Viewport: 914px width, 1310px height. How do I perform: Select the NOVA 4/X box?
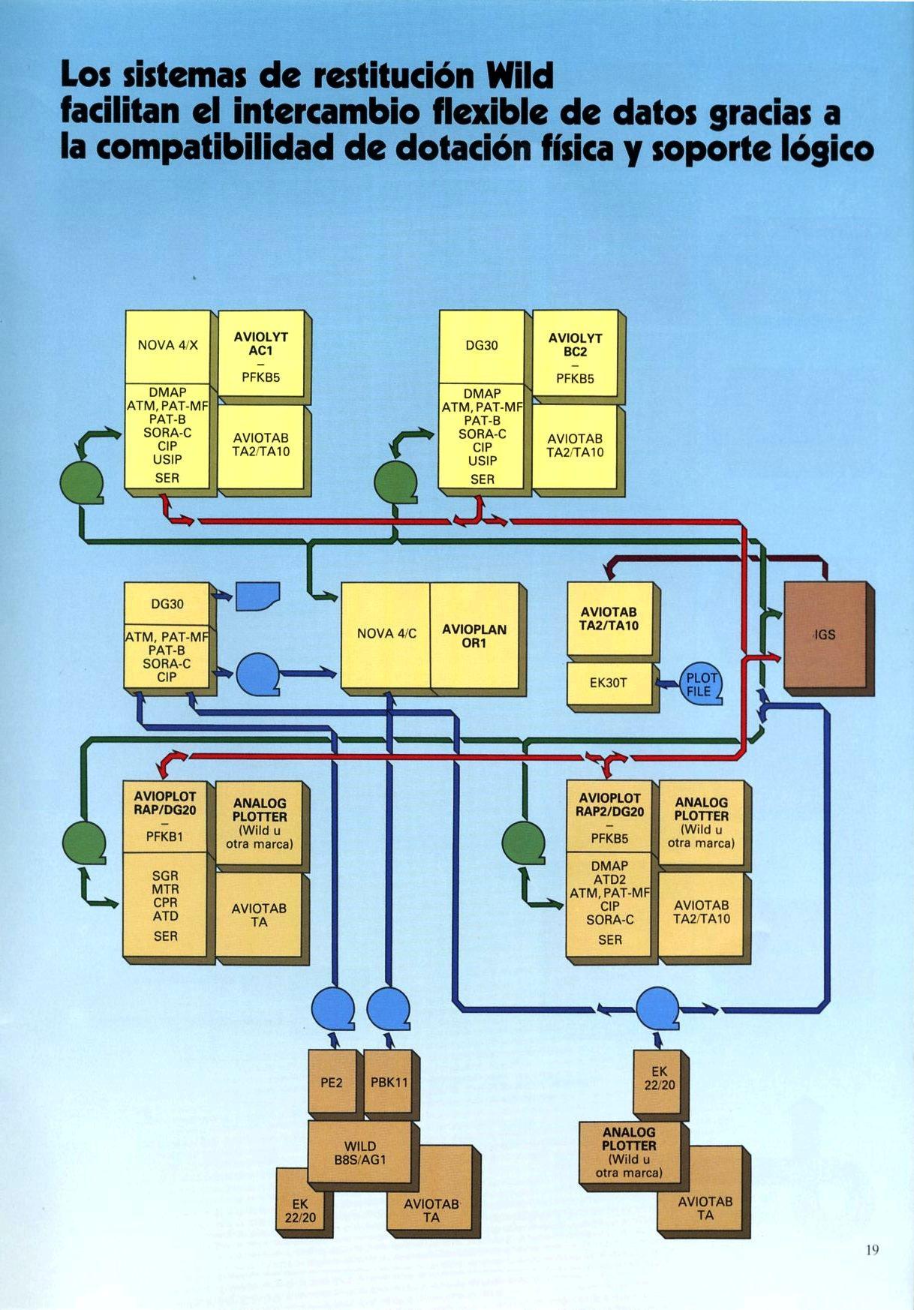pos(167,345)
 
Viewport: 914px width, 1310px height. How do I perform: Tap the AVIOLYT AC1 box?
pos(260,353)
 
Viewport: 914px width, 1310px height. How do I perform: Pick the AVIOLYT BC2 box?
pos(576,353)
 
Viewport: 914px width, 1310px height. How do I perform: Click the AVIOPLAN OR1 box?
pos(474,635)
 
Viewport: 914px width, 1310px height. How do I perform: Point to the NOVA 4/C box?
pos(386,634)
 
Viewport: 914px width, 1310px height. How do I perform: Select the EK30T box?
pos(609,683)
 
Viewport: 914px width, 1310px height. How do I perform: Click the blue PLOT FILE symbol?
pos(701,685)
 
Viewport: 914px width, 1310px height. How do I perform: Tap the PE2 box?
pos(331,1083)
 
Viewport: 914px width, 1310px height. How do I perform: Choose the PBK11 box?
pos(389,1083)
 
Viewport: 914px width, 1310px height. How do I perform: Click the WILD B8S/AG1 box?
pos(360,1153)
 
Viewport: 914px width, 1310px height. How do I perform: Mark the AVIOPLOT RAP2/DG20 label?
pos(609,804)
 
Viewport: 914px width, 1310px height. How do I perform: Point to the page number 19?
pos(871,1250)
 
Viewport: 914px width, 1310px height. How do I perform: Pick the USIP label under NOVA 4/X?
pos(167,459)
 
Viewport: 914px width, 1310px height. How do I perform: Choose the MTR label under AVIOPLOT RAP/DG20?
pos(165,889)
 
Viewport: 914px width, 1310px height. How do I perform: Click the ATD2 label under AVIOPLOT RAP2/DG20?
pos(609,879)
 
